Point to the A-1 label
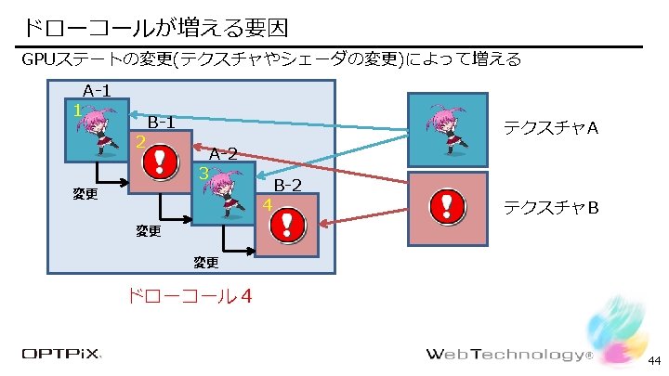point(97,91)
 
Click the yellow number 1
point(77,110)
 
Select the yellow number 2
point(138,142)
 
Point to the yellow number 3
point(202,174)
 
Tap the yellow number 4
point(267,204)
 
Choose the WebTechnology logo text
point(507,355)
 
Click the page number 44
point(654,360)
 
